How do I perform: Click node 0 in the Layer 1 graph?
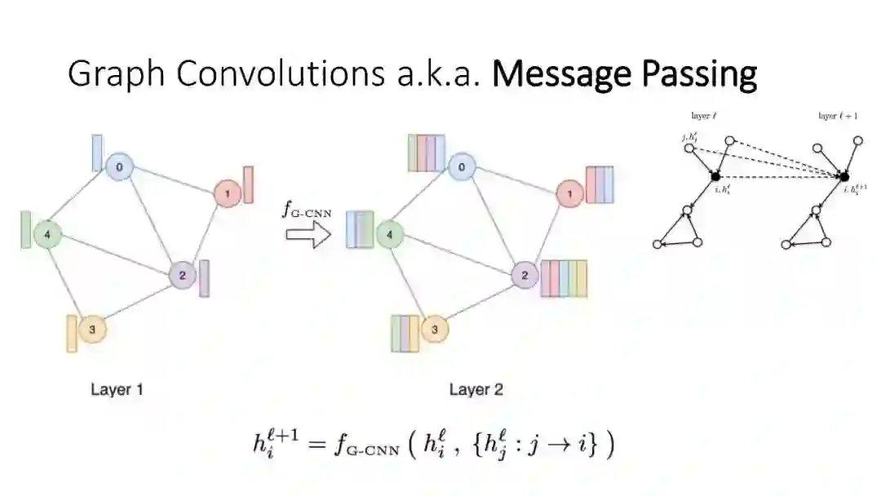tap(120, 166)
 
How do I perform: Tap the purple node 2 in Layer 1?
tap(182, 275)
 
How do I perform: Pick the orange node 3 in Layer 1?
tap(92, 330)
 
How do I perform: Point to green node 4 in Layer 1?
tap(47, 235)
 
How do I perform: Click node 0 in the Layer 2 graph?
tap(462, 168)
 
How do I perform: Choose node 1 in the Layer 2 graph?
tap(568, 194)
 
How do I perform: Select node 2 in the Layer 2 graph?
tap(523, 276)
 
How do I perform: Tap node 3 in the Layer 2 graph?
tap(434, 330)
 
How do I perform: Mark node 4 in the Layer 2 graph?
tap(389, 235)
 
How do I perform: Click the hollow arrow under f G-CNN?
tap(308, 237)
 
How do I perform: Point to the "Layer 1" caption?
tap(117, 389)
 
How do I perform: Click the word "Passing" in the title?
tap(698, 74)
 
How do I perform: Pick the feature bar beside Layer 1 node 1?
tap(248, 184)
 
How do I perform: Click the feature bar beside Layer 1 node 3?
tap(72, 333)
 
